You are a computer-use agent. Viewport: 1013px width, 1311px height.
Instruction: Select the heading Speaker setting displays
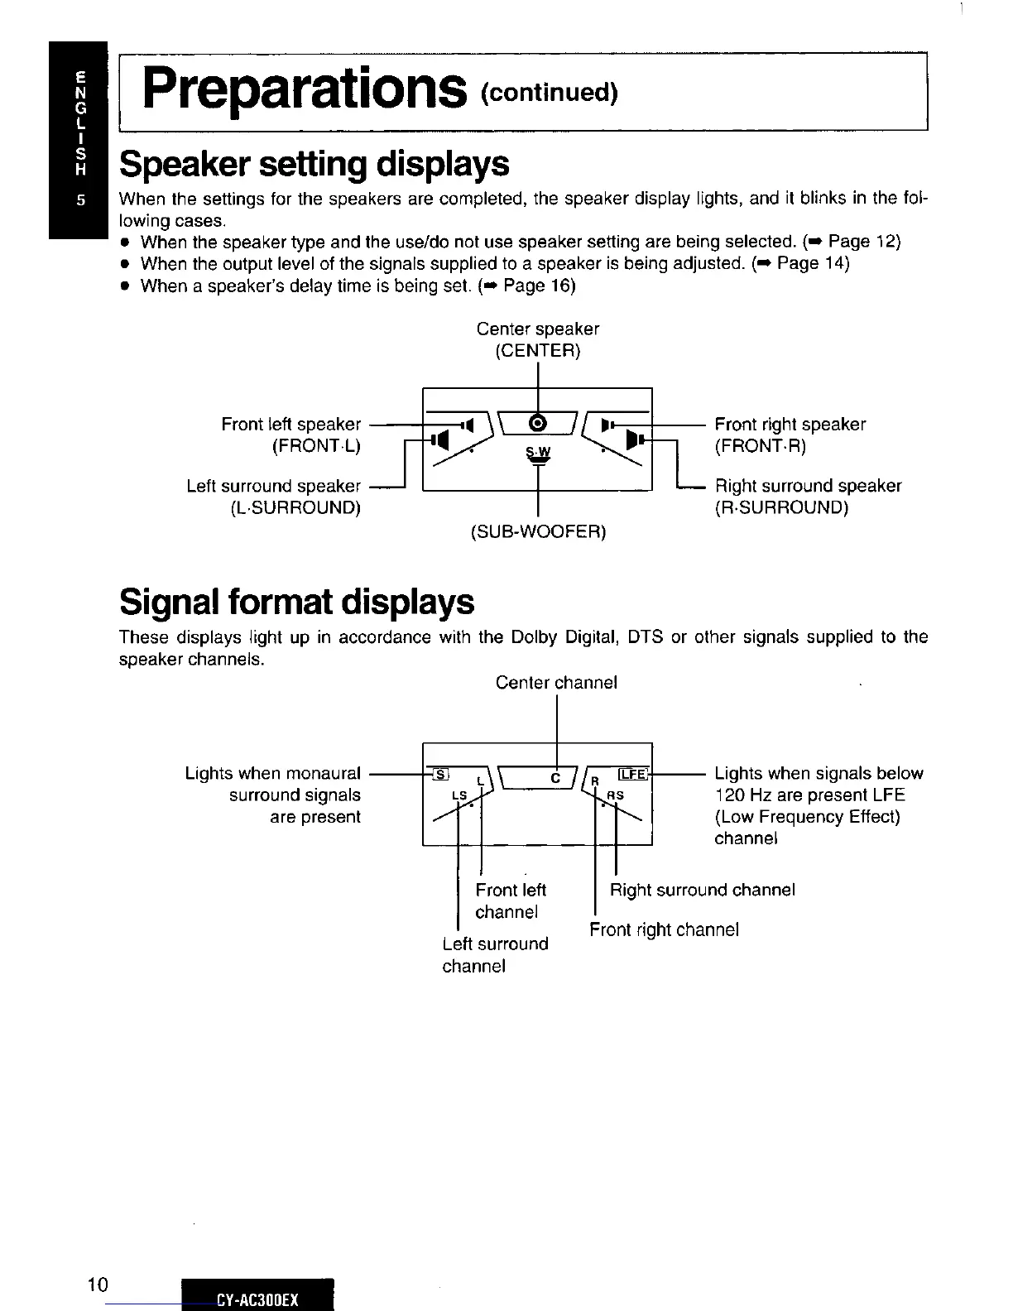(314, 164)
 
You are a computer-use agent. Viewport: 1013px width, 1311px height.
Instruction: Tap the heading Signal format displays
(297, 602)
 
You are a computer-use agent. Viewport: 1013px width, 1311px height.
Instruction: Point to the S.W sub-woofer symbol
(538, 455)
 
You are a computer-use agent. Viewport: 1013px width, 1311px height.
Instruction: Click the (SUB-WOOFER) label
(538, 531)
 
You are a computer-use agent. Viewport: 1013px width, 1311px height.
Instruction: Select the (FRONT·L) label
(316, 446)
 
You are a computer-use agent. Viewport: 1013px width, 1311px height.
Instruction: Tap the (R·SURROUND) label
(781, 507)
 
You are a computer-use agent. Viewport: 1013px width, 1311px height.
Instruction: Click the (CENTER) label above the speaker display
(538, 350)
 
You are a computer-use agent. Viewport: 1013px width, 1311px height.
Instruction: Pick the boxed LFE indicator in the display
(634, 774)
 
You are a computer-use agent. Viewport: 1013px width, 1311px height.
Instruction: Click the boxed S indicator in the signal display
(440, 774)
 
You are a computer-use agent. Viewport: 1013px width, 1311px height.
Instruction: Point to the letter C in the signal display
(556, 779)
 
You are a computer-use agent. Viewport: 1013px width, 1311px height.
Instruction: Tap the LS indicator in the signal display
(459, 795)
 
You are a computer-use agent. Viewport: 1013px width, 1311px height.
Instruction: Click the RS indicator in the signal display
(615, 795)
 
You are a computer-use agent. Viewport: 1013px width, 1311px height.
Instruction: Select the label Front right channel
(664, 929)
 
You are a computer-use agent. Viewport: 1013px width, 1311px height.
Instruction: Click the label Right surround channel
(702, 891)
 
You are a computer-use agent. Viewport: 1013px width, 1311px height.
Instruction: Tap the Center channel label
(556, 683)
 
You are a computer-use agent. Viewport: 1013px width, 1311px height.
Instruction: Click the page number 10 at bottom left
(98, 1285)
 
